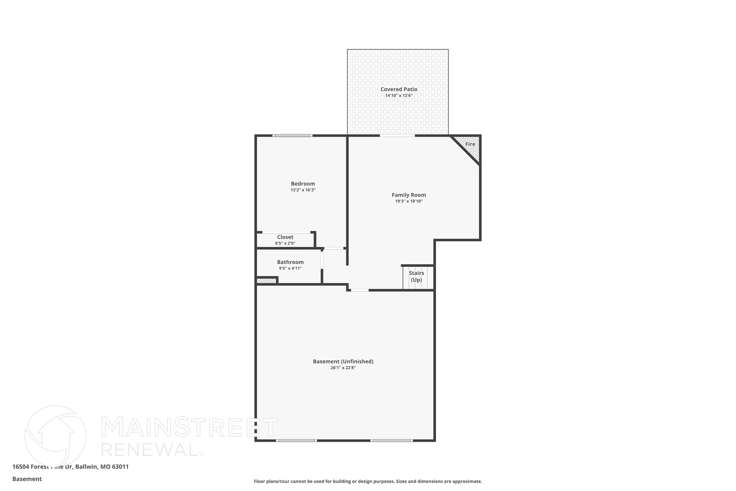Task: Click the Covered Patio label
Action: coord(399,89)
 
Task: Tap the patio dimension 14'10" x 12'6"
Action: coord(399,96)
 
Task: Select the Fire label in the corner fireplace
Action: coord(470,144)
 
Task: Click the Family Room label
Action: coord(409,195)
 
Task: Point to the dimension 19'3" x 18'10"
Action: coord(409,201)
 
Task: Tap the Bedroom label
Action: coord(303,184)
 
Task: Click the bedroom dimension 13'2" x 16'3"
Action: coord(303,190)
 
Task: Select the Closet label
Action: coord(285,237)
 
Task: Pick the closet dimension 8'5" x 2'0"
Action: coord(285,244)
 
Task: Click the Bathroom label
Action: coord(290,262)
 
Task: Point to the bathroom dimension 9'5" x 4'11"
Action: coord(290,268)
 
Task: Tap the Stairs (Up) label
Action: coord(416,276)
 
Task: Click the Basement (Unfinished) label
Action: coord(343,362)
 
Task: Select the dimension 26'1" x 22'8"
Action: coord(343,368)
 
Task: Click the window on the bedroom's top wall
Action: coord(292,136)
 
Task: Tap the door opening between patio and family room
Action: coord(397,136)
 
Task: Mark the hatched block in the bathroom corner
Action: coord(266,281)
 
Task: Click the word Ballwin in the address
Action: coord(86,467)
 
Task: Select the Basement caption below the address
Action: coord(27,479)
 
